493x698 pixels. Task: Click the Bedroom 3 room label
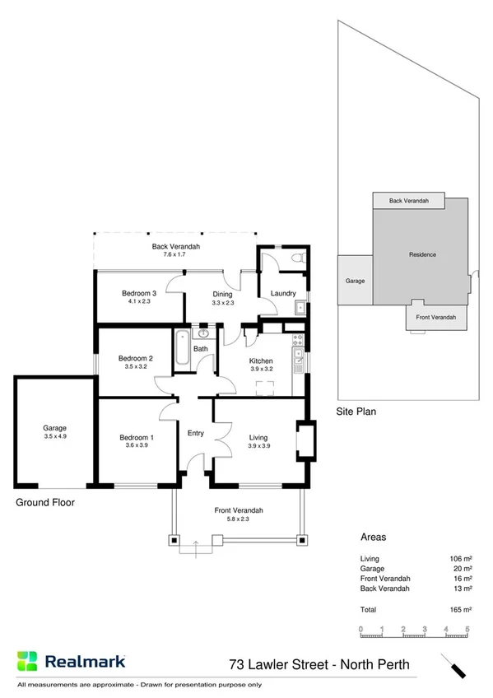[138, 294]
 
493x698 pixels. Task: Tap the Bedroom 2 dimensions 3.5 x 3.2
[136, 366]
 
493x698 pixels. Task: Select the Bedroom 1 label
[136, 437]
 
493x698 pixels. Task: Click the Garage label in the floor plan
[55, 428]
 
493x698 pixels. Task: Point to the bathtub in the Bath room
[182, 351]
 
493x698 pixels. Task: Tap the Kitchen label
[262, 361]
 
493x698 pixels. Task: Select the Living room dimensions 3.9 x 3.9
[259, 445]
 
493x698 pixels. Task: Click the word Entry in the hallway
[196, 433]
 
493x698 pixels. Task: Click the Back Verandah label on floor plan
[176, 246]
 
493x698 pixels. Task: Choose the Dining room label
[223, 294]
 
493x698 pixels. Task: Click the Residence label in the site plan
[422, 254]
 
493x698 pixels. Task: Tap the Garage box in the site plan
[355, 281]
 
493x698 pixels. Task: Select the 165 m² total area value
[461, 610]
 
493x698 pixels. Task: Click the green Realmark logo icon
[27, 661]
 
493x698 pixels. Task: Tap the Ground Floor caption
[44, 501]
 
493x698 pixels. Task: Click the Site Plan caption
[356, 412]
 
